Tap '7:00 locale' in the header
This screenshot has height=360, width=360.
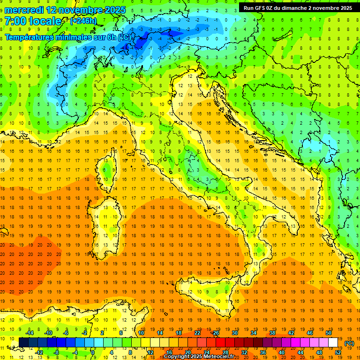33,21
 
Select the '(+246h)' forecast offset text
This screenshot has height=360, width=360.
83,21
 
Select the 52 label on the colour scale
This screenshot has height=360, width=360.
338,352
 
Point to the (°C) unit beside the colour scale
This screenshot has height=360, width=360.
349,343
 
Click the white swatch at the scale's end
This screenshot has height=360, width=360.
333,342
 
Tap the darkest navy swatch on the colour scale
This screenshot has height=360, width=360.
24,342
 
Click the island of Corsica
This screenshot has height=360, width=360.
108,166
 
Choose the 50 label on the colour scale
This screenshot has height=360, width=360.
329,333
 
